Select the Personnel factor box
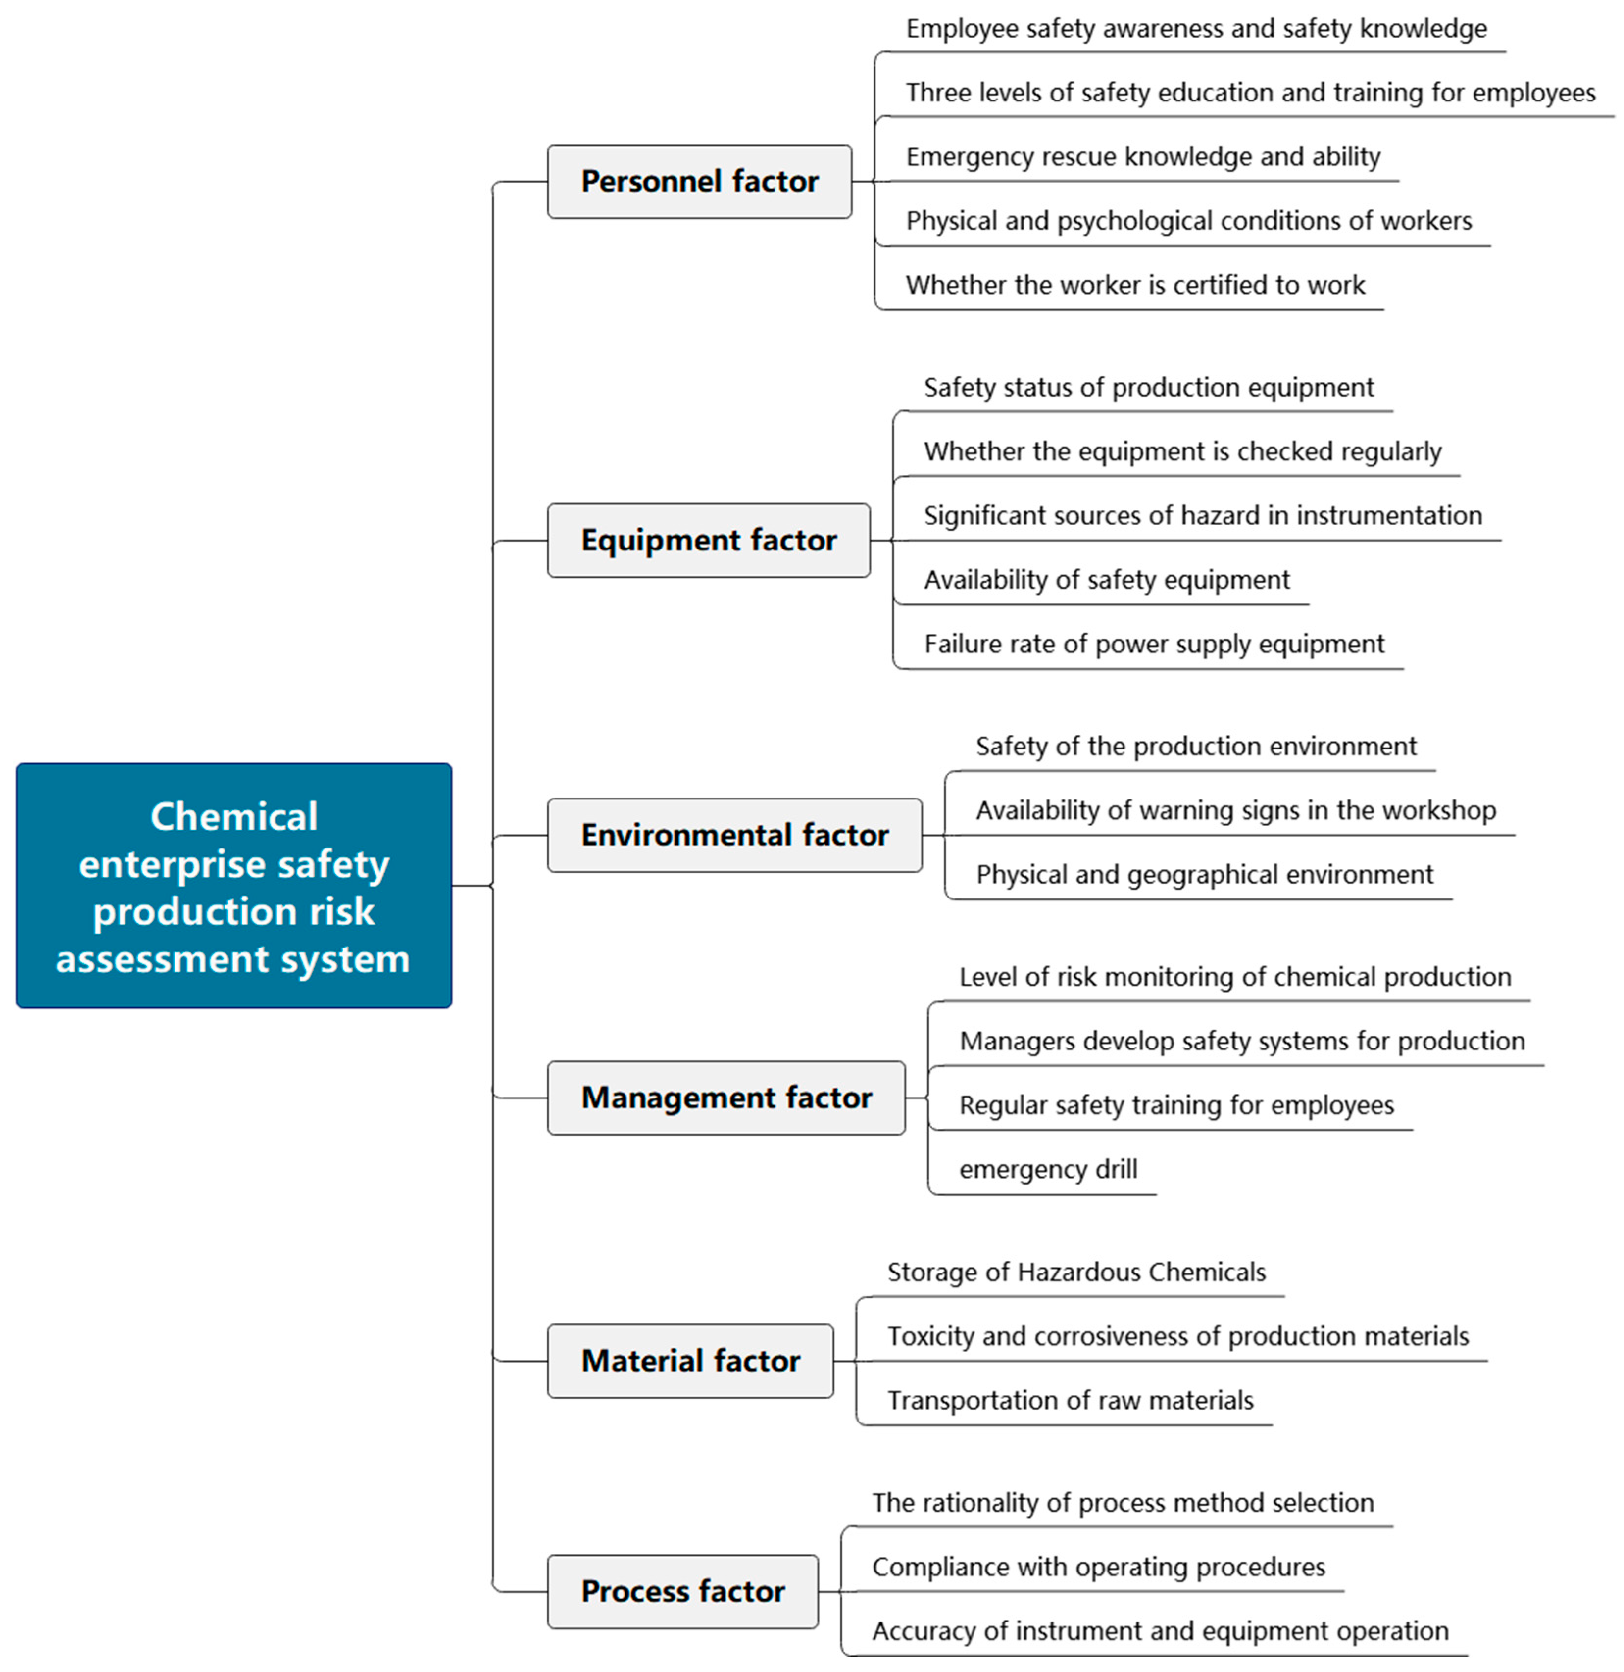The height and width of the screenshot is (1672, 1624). [x=700, y=182]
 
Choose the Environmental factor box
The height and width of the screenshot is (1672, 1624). [x=734, y=835]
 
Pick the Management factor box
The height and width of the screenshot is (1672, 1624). [x=726, y=1098]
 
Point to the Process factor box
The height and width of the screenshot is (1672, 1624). [x=682, y=1592]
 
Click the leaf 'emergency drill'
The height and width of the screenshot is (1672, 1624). [x=1048, y=1170]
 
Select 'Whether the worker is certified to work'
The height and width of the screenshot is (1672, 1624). [x=1135, y=285]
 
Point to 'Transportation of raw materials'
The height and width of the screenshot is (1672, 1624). [x=1071, y=1401]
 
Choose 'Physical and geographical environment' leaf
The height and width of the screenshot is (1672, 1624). [x=1204, y=875]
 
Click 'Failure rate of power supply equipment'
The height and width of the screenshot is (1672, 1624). [x=1154, y=644]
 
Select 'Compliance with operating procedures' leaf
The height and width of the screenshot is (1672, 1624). [x=1099, y=1567]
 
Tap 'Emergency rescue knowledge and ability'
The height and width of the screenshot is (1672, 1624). [x=1143, y=157]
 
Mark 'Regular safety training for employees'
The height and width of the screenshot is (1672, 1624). [x=1176, y=1105]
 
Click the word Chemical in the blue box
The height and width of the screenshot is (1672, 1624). [x=234, y=817]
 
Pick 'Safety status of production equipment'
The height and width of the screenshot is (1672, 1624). [x=1149, y=387]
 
